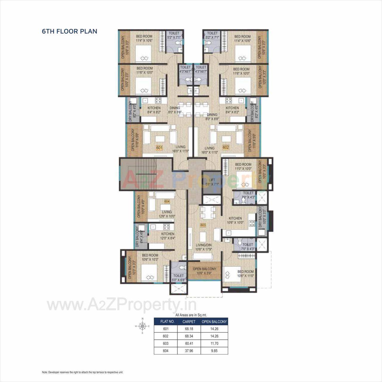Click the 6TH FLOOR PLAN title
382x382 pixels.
(70, 31)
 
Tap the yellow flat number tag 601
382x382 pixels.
(159, 148)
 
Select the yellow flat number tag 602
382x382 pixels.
(226, 147)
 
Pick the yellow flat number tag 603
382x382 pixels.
(203, 225)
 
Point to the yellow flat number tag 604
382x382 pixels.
(167, 201)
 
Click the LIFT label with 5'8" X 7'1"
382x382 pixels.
(212, 182)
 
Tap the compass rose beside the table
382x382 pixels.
(143, 326)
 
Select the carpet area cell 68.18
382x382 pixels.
(189, 329)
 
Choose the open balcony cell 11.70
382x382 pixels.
(214, 344)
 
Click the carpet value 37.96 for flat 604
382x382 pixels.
(189, 351)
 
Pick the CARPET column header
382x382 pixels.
(189, 321)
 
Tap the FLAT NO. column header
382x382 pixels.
(167, 321)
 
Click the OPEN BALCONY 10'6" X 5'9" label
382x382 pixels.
(204, 271)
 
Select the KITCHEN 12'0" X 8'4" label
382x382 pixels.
(167, 236)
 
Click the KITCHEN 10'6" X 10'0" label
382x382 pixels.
(235, 220)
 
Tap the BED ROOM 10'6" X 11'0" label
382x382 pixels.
(245, 274)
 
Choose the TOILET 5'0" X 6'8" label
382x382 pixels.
(178, 278)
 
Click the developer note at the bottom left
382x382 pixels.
(82, 372)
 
